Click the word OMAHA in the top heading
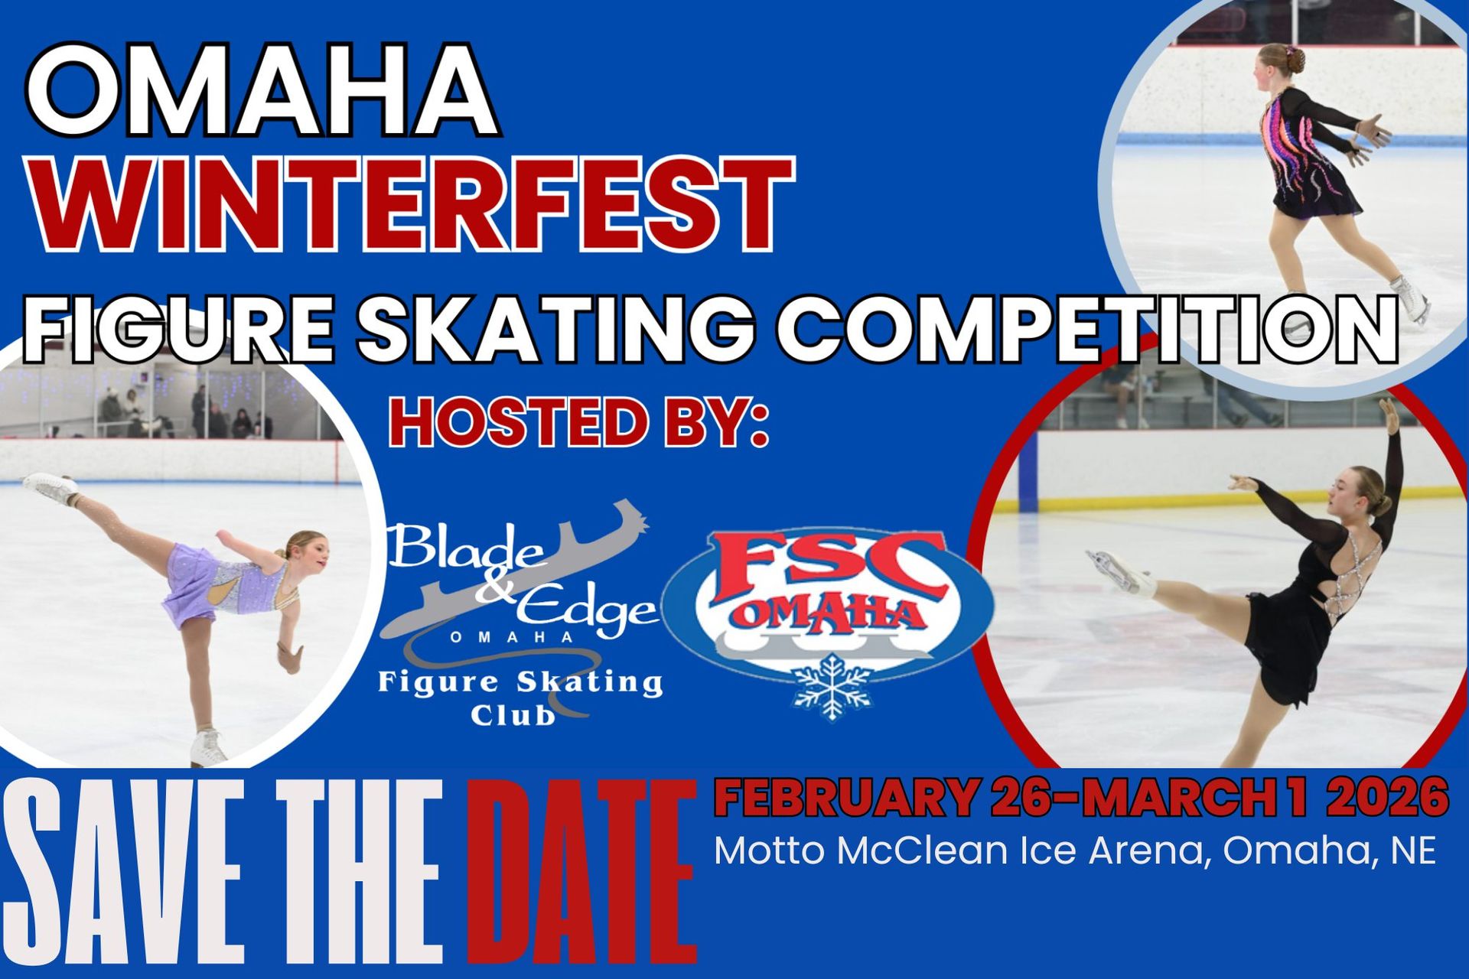pyautogui.click(x=262, y=90)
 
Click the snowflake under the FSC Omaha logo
pyautogui.click(x=832, y=686)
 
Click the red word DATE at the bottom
pyautogui.click(x=581, y=872)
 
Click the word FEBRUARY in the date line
pyautogui.click(x=845, y=798)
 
